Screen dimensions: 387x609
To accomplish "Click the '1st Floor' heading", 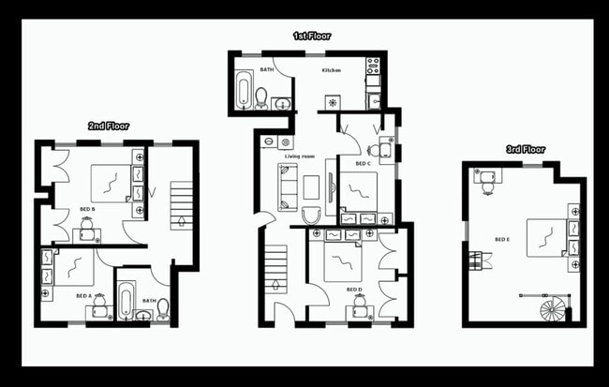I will [311, 36].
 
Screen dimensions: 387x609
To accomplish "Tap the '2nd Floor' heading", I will [109, 126].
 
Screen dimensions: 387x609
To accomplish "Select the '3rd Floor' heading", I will [526, 149].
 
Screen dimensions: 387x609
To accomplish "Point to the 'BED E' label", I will [501, 240].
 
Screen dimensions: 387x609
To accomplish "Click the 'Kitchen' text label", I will [332, 70].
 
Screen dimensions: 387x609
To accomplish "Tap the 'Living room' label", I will [300, 156].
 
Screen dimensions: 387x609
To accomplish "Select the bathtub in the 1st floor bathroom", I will [244, 90].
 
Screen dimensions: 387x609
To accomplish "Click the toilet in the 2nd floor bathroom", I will [163, 307].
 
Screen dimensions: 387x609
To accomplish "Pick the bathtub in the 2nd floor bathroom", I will [125, 304].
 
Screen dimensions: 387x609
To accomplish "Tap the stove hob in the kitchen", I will [372, 67].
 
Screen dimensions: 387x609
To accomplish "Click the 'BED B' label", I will [87, 208].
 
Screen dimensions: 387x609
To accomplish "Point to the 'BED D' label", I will [353, 290].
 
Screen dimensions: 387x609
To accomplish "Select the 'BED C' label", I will [363, 164].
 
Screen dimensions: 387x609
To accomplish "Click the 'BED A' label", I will [84, 296].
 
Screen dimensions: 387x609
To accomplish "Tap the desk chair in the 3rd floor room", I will [487, 186].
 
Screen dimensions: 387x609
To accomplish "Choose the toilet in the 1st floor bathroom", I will [261, 97].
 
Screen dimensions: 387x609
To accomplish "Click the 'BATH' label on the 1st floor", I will [267, 69].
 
